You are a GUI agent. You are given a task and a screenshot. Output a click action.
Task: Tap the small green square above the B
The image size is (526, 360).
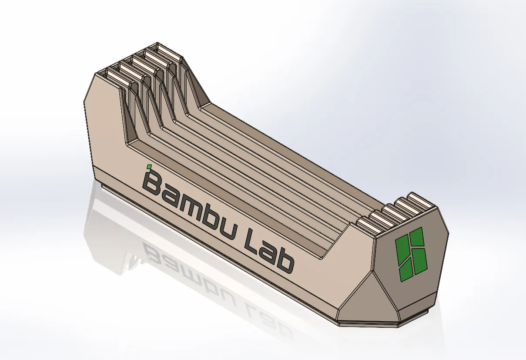click(149, 167)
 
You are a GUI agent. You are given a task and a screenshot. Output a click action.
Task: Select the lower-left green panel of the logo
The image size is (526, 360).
click(406, 270)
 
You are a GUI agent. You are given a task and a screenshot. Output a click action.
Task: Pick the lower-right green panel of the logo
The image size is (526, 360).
click(421, 261)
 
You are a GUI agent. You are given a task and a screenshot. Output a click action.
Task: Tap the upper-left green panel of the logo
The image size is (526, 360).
click(403, 249)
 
